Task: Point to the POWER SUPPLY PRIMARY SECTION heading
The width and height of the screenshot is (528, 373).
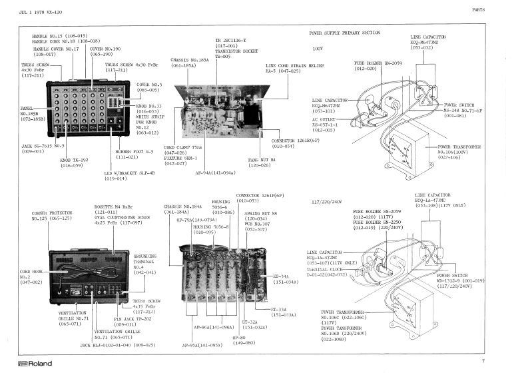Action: (x=344, y=33)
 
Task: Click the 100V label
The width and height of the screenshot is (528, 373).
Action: (x=317, y=49)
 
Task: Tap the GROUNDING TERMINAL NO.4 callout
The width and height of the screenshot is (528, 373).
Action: (x=145, y=263)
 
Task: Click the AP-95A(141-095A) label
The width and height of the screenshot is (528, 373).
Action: (x=202, y=346)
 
